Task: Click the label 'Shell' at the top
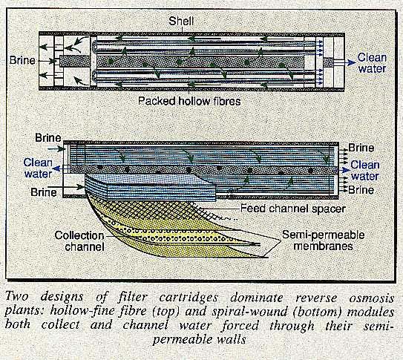click(202, 19)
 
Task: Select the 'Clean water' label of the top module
click(372, 62)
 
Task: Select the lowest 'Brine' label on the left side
click(46, 192)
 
